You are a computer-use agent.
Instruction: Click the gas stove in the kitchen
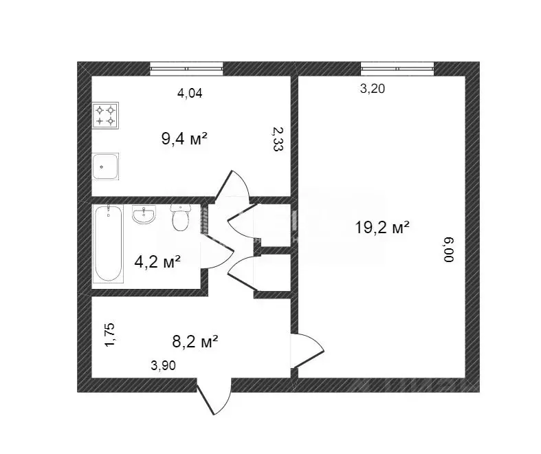(105, 116)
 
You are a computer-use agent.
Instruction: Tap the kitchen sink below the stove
(105, 166)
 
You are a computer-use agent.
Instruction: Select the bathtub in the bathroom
(109, 244)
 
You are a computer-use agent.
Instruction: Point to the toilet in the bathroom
(180, 218)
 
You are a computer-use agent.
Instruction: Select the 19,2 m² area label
(382, 228)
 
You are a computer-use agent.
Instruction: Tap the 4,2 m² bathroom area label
(157, 261)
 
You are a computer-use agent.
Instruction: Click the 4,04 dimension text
(190, 94)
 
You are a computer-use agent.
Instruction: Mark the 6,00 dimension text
(449, 250)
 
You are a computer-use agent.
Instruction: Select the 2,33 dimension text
(276, 139)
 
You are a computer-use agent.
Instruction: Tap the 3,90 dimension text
(164, 366)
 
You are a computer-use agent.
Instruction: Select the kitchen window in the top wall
(187, 68)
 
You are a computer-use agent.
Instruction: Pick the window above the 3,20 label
(397, 68)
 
